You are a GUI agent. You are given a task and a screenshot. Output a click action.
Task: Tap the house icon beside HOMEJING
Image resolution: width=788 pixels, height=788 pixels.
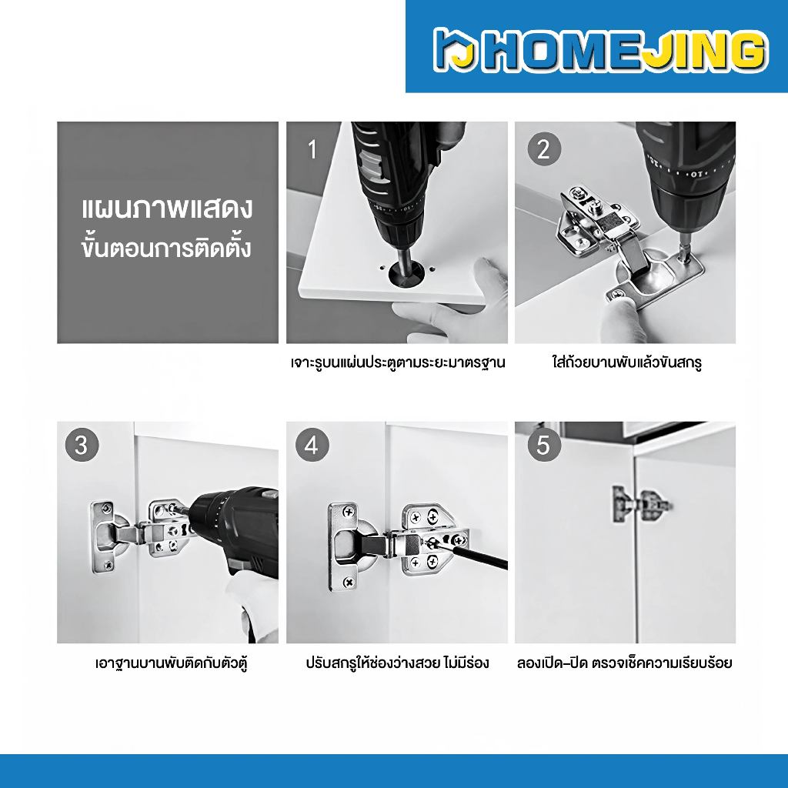coord(456,49)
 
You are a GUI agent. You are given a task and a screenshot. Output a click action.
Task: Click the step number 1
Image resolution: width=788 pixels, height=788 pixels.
coord(312,150)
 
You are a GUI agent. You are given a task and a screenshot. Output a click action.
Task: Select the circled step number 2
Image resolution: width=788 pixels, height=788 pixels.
coord(544,149)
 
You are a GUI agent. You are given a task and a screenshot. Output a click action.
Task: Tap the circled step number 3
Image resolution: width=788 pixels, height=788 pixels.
coord(82,445)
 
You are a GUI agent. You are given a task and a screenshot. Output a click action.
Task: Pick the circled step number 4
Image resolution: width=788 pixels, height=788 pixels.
coord(312,445)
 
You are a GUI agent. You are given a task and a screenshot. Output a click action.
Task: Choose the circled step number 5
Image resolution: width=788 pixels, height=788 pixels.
coord(544,445)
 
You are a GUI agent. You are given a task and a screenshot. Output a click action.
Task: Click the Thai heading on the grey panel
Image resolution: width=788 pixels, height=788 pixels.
coord(167,229)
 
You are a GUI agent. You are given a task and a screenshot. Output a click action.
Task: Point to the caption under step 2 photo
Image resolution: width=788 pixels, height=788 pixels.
coord(626,362)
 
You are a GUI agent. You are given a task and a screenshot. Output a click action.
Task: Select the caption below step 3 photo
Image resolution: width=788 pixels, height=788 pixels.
coord(172,663)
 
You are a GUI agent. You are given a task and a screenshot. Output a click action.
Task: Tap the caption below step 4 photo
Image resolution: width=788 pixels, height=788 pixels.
coord(397,663)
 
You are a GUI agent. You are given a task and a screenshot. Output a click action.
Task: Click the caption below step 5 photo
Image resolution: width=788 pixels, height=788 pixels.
coord(625,663)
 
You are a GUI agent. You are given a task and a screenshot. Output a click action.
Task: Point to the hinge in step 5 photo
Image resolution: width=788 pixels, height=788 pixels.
coord(641,504)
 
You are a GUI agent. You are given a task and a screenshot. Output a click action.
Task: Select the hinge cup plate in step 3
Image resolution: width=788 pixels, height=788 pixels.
coord(104,537)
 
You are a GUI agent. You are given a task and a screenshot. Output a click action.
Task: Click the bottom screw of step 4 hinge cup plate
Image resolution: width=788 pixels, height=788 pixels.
coord(348,583)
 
